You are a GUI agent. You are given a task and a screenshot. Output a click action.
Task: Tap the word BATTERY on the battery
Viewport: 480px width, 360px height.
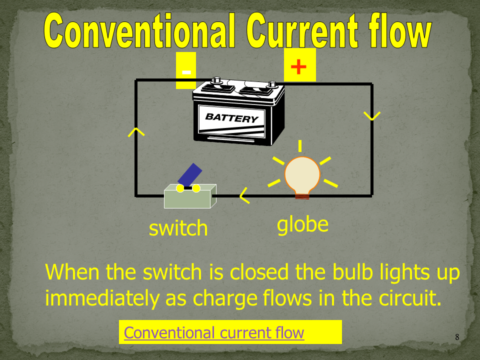[x=231, y=117]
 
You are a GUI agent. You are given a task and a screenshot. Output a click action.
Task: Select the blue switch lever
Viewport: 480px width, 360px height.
[x=190, y=175]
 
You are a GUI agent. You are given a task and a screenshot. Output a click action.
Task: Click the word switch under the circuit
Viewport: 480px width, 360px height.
[x=178, y=228]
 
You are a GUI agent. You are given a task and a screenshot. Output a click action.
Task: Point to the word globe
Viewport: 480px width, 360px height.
[x=302, y=225]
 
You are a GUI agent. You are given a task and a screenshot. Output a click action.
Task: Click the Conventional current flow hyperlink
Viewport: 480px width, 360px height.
[x=214, y=333]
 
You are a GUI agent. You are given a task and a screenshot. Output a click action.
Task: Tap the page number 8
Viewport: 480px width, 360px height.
[x=457, y=337]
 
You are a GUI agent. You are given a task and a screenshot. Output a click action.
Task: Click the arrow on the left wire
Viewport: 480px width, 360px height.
[x=136, y=132]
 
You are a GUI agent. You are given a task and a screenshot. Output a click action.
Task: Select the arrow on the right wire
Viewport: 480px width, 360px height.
[x=372, y=116]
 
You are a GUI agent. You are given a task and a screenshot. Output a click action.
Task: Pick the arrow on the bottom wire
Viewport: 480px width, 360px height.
[x=244, y=195]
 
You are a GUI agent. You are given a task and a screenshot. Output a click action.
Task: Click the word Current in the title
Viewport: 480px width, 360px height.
[x=302, y=31]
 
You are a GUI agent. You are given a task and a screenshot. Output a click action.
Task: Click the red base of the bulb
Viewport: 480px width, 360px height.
[x=302, y=196]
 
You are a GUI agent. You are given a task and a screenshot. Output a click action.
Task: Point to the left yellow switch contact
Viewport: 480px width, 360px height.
[x=180, y=188]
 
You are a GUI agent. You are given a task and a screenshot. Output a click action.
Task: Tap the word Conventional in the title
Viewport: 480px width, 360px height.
[x=139, y=31]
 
